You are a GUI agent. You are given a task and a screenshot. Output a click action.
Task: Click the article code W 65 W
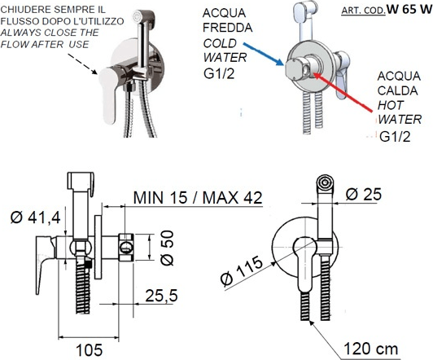click(409, 9)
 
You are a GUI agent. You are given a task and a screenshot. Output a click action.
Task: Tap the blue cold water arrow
click(263, 54)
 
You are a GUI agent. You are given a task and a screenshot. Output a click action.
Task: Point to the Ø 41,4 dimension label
click(35, 217)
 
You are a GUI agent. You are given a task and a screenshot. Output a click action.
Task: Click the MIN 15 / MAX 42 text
click(198, 198)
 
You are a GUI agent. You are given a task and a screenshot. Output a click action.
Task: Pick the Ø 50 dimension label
click(167, 248)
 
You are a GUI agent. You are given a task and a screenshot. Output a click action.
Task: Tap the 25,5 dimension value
click(161, 296)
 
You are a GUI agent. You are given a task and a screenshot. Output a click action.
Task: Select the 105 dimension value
click(90, 350)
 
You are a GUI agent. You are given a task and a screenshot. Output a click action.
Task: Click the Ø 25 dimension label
click(363, 194)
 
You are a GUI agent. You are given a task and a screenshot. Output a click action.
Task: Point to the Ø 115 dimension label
click(242, 270)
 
